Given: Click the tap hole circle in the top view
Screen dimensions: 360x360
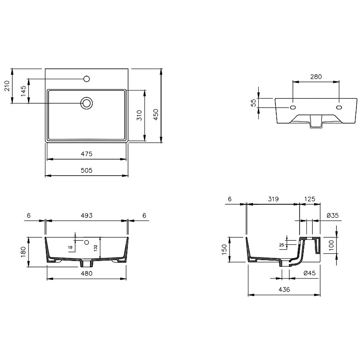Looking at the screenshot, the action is (86, 79).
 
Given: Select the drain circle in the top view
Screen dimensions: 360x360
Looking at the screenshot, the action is (86, 103).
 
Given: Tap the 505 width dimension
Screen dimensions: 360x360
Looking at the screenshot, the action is (86, 171).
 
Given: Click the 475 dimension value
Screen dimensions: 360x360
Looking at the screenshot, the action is (86, 154).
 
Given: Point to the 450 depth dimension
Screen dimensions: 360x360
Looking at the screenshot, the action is (156, 115).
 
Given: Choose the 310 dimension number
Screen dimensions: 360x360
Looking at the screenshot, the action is (139, 115).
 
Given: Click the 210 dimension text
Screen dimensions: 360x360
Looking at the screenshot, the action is (7, 86).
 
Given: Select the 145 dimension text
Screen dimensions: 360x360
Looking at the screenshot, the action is (23, 91).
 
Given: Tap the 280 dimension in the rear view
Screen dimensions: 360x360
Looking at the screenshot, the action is (316, 76).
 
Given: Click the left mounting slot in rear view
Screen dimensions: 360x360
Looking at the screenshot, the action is (293, 107).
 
